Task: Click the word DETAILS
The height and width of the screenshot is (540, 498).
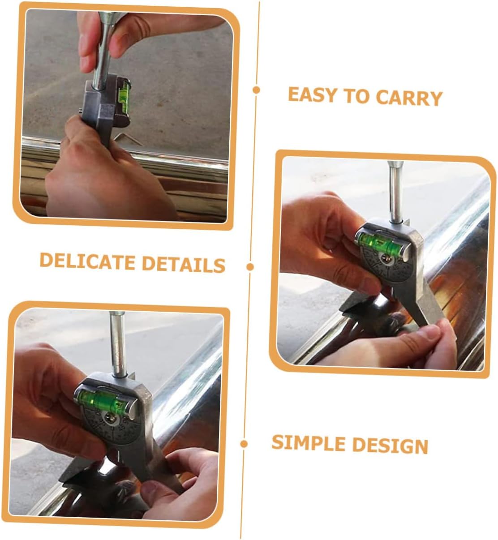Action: tap(184, 264)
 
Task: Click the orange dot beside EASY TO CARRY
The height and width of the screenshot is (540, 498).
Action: tap(256, 90)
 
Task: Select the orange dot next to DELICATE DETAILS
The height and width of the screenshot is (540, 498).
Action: tap(250, 267)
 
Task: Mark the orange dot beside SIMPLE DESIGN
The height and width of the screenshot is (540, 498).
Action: tap(244, 444)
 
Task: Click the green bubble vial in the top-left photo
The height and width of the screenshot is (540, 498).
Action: tap(124, 93)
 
